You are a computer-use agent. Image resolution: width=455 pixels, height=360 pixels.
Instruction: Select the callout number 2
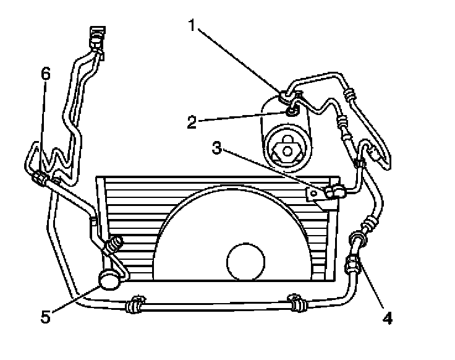coord(192,121)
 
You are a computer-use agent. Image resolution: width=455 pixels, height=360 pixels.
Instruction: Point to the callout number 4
coord(386,319)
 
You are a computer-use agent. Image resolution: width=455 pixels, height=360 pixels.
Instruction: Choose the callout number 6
coord(45,74)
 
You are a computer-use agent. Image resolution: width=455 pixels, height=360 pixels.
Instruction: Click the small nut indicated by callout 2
coord(291,111)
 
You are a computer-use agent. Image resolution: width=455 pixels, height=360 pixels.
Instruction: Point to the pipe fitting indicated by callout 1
coord(283,95)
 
